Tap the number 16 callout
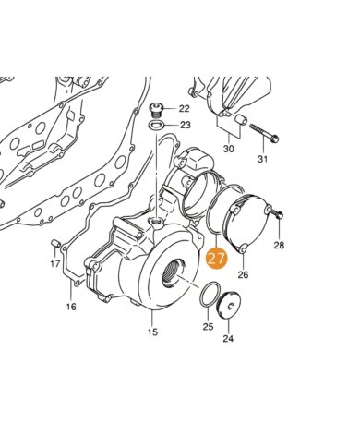(70, 307)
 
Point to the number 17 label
(55, 263)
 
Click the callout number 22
(185, 109)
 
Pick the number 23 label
(185, 125)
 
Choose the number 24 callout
(227, 338)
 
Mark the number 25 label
(208, 326)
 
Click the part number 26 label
(244, 274)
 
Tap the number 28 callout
(279, 246)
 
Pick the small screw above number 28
(278, 216)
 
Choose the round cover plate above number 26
(244, 222)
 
